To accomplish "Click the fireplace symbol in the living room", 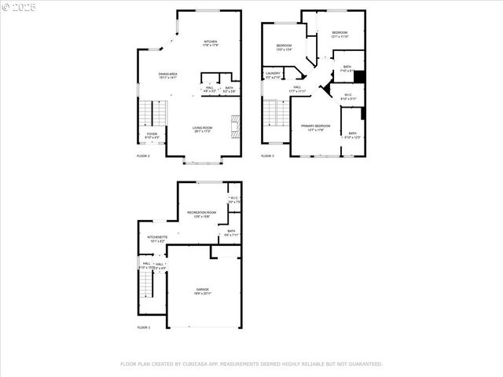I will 233,124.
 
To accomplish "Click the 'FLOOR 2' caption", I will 143,156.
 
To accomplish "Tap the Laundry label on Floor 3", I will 273,75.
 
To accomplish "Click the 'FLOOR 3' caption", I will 268,156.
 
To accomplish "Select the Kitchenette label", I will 157,238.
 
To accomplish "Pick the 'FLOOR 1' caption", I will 143,327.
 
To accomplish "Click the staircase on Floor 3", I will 272,117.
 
